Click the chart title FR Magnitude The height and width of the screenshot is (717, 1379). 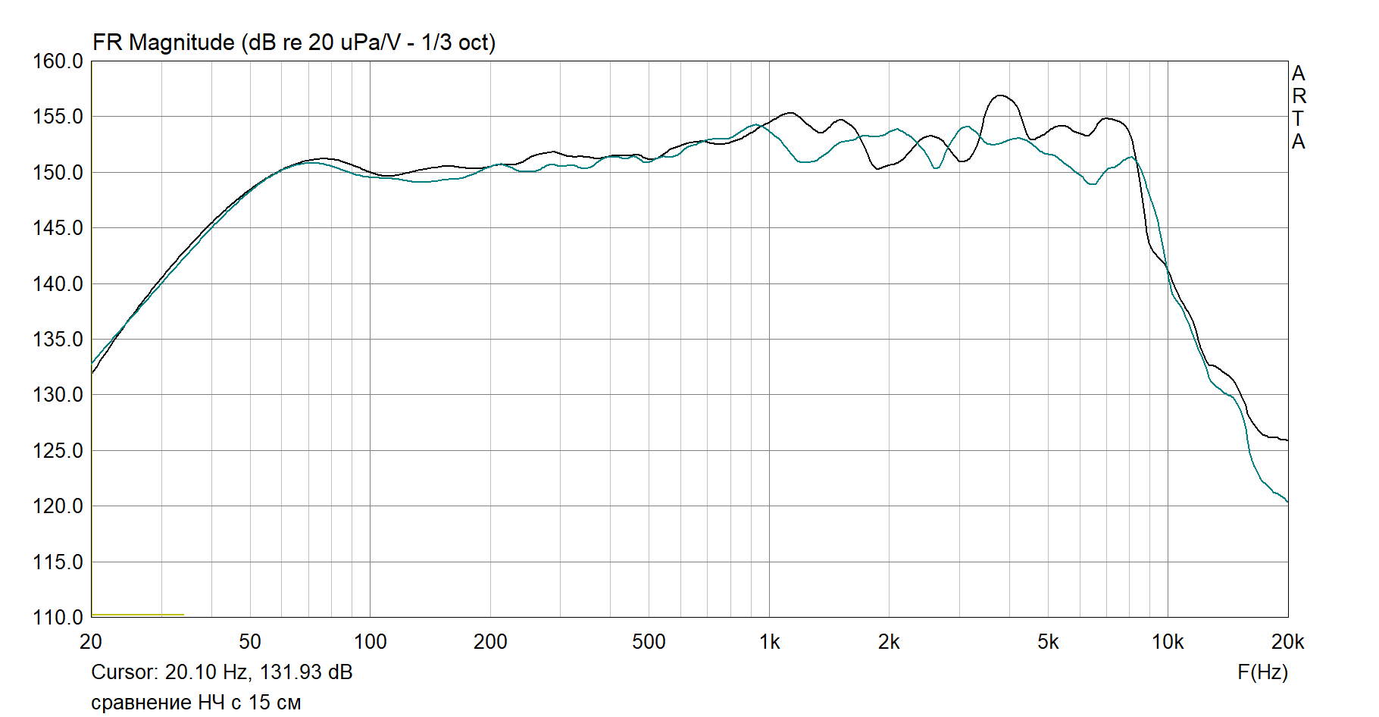tap(293, 42)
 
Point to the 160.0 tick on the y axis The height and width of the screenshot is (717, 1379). tap(58, 61)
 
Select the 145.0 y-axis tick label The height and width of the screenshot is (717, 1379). tap(58, 228)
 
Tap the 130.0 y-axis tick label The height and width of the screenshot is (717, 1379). tap(58, 395)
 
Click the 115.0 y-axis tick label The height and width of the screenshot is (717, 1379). tap(58, 562)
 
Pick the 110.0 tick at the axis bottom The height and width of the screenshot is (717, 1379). tap(58, 618)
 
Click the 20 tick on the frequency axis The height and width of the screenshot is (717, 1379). tap(91, 642)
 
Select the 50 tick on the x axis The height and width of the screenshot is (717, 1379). tap(250, 642)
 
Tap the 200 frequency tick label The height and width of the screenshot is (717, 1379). tap(490, 642)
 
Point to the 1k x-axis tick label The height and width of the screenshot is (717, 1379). tap(769, 642)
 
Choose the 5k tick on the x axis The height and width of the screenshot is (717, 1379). tap(1048, 642)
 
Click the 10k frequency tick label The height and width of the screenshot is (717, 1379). tap(1168, 642)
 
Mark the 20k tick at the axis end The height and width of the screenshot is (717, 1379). tap(1287, 642)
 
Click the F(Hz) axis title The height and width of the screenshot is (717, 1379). tap(1262, 672)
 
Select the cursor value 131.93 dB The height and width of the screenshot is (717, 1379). tap(306, 672)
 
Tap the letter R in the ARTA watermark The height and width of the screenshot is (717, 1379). tap(1299, 96)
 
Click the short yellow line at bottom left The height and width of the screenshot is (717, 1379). tap(137, 615)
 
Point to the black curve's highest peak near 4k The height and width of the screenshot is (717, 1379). tap(1001, 95)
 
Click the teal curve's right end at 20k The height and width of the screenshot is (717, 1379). tap(1287, 501)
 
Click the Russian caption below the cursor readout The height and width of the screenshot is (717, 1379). tap(195, 703)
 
